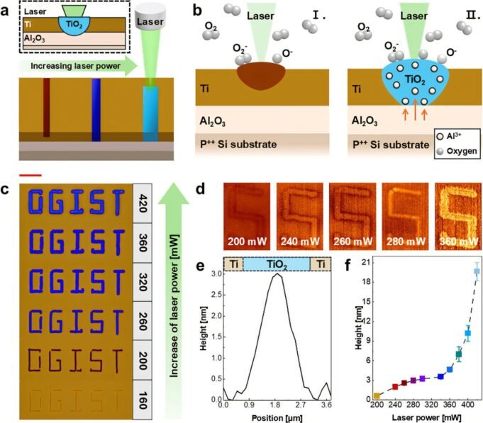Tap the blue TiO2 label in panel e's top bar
pos(277,264)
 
